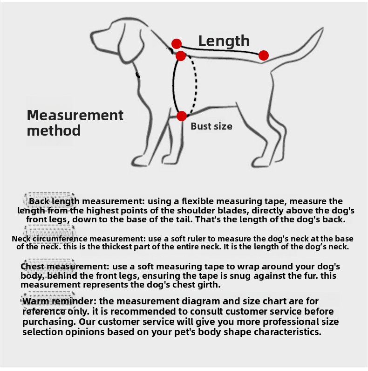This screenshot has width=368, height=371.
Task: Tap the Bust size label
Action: tap(211, 126)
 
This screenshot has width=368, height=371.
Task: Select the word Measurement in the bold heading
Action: tap(75, 115)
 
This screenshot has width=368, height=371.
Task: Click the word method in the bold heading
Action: tap(54, 131)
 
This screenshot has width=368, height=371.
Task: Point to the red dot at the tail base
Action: tap(264, 55)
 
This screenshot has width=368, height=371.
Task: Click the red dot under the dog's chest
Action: tap(182, 116)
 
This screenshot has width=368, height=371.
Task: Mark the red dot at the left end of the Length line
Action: tap(177, 44)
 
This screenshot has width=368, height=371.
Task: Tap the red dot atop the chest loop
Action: tap(181, 56)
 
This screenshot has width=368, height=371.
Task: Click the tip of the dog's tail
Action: tap(323, 28)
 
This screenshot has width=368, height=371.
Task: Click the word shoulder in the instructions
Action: tap(196, 210)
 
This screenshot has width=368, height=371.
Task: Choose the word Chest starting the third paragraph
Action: tap(33, 267)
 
